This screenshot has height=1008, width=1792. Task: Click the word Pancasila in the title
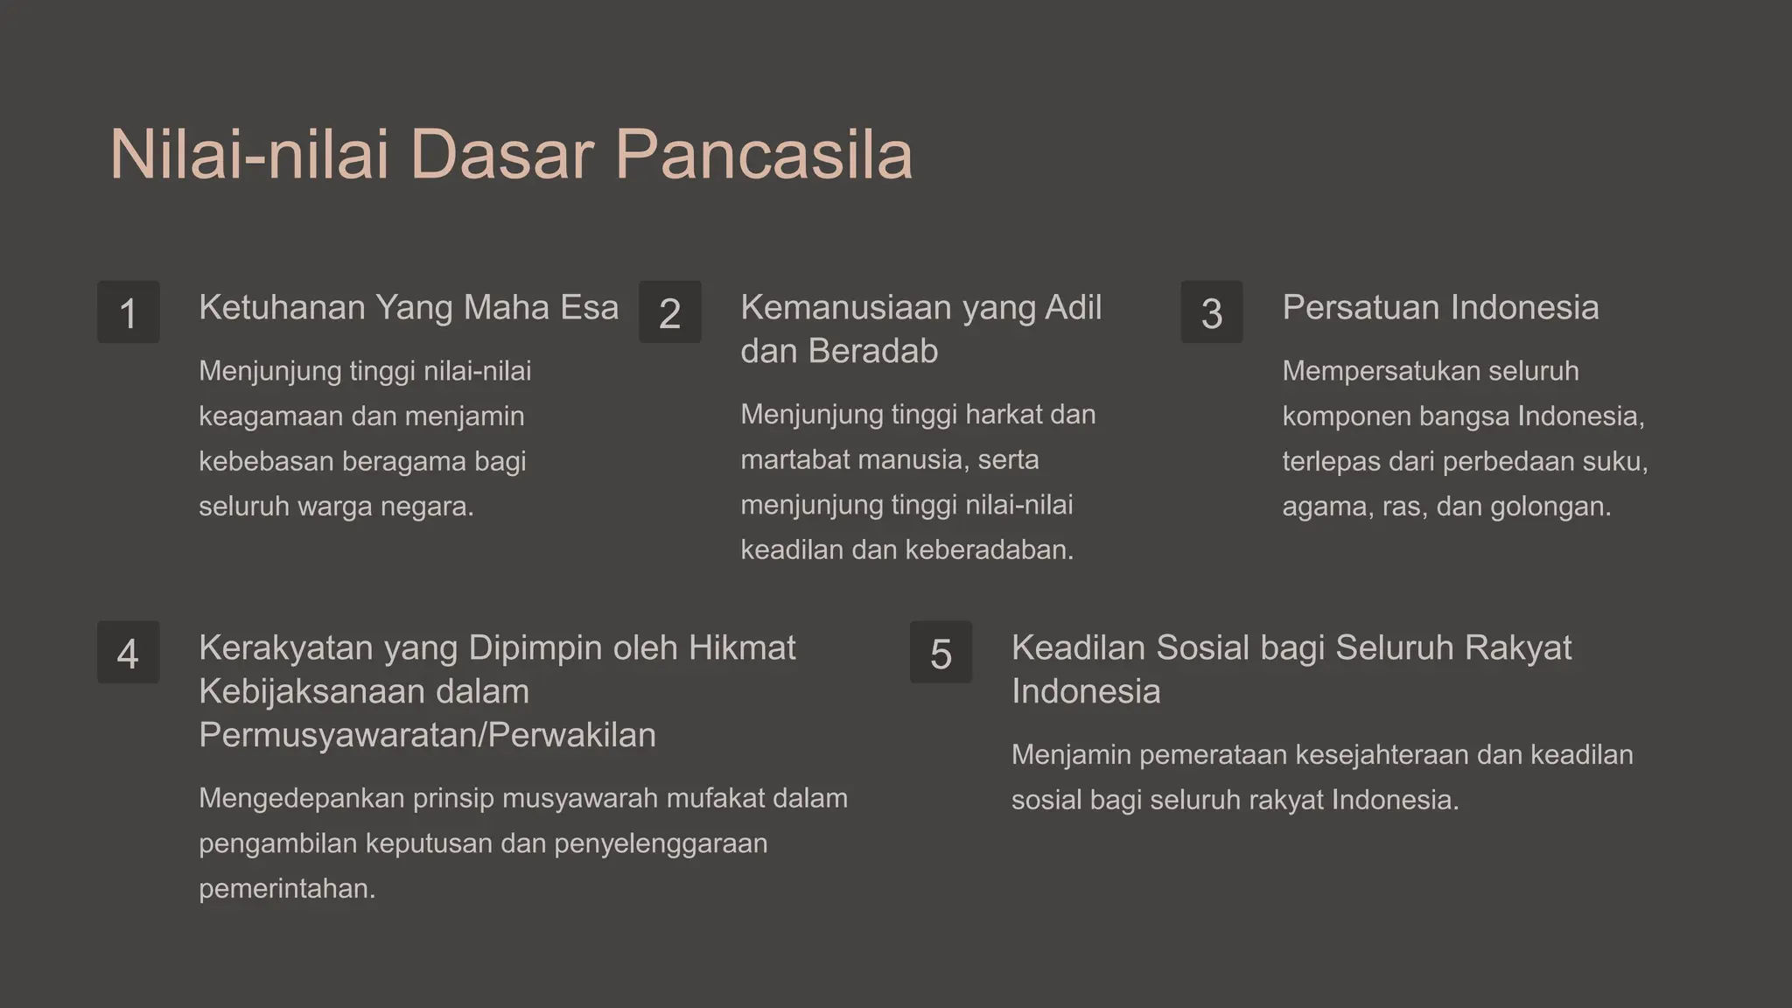(763, 156)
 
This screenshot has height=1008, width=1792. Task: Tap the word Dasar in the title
(501, 156)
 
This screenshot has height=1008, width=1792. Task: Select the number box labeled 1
(129, 312)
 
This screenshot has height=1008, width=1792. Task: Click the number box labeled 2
(670, 312)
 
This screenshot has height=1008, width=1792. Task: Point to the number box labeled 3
(1212, 312)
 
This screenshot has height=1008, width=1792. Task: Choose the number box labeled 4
(129, 653)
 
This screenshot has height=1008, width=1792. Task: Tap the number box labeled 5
(941, 653)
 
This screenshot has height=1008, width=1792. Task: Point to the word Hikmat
(742, 648)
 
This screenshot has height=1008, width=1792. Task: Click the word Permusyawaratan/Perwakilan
(427, 736)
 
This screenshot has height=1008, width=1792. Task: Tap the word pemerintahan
(286, 889)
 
